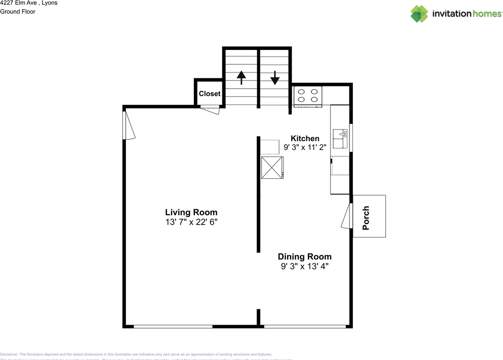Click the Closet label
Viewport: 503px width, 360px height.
click(209, 94)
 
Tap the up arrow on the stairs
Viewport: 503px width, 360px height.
click(241, 78)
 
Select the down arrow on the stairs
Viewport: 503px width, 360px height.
click(275, 78)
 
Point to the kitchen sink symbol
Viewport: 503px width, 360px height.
click(340, 139)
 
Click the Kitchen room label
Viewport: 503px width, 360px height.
click(305, 138)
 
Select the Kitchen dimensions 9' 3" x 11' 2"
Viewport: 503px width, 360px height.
click(305, 148)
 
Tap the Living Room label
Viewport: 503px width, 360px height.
click(191, 212)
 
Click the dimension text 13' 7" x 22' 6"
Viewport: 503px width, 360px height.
click(191, 222)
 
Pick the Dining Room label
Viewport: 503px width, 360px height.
click(305, 257)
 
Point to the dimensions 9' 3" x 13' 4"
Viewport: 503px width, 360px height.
click(305, 267)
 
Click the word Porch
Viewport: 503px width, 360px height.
click(366, 218)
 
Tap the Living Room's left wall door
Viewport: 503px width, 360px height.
click(129, 125)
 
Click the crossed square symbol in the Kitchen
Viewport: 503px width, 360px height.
click(272, 168)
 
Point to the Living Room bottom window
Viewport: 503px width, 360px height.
click(173, 326)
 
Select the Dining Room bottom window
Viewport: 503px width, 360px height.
click(305, 326)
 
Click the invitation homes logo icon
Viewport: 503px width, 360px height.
click(419, 14)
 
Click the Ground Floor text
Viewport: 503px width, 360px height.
click(18, 12)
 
